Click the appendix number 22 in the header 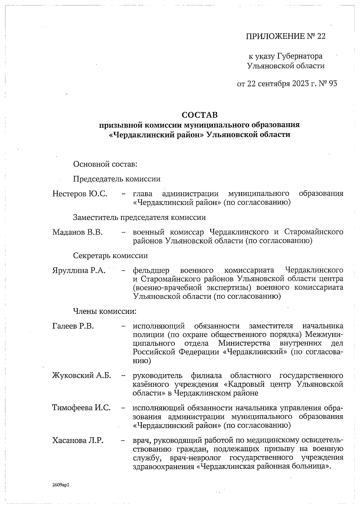tap(321, 37)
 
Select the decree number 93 tap(333, 83)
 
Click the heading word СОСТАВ tap(199, 115)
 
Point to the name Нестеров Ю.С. tap(80, 194)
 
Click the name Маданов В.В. tap(77, 232)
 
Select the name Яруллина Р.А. tap(79, 270)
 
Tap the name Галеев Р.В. tap(73, 326)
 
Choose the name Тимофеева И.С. tap(81, 408)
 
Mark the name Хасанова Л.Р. tap(78, 440)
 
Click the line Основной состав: tap(105, 164)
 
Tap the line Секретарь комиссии tap(110, 256)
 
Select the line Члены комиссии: tap(105, 311)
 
